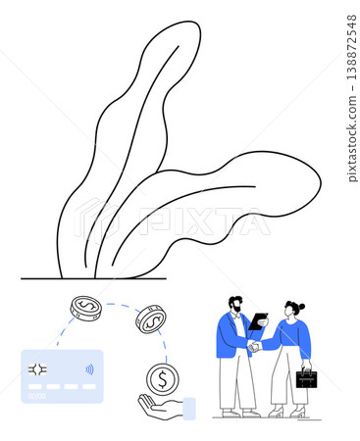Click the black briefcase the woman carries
tap(306, 378)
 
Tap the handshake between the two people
tap(254, 346)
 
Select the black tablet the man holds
tap(258, 321)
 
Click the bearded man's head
tap(235, 304)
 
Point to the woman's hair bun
tap(302, 307)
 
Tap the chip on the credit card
tap(37, 369)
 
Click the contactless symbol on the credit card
tap(89, 369)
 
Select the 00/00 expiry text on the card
tap(37, 396)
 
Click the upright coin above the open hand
tap(163, 379)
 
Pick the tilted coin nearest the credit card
tap(86, 309)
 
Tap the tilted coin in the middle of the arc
tap(151, 319)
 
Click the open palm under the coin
tap(160, 407)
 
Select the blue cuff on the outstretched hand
tap(189, 409)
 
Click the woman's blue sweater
tap(291, 336)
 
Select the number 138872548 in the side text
tap(352, 47)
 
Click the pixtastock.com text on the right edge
tap(352, 138)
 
